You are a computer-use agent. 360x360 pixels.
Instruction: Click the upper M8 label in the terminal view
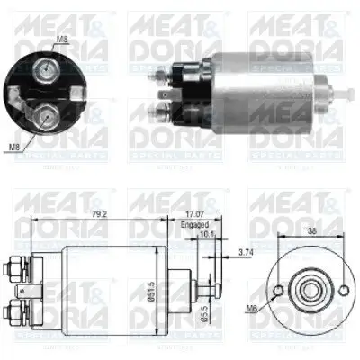[61, 39]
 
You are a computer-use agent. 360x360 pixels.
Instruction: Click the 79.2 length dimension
[98, 214]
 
